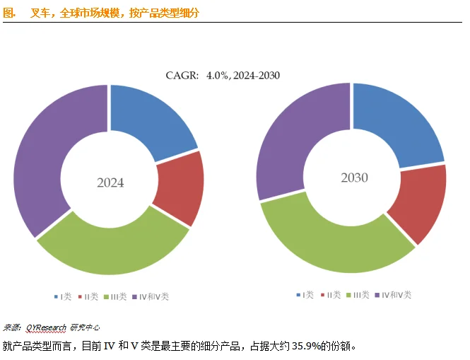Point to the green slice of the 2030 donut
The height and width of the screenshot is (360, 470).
332,240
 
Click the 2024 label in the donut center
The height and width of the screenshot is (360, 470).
110,182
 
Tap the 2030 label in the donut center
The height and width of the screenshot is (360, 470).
354,178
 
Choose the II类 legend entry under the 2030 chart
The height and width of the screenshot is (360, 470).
331,294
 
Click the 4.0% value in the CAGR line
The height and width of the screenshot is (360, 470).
218,75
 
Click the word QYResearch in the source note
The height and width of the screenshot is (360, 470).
47,327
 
